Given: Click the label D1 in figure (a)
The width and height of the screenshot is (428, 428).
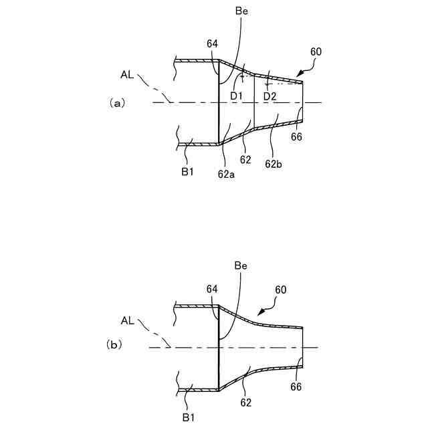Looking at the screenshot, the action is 236,96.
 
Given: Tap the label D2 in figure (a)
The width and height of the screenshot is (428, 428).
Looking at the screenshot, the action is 270,96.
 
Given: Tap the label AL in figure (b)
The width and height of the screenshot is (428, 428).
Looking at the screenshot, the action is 127,320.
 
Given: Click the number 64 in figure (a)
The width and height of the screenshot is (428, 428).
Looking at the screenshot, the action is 213,44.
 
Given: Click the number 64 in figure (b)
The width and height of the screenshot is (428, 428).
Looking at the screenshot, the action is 213,288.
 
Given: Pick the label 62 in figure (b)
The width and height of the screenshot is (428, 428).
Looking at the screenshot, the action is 245,403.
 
